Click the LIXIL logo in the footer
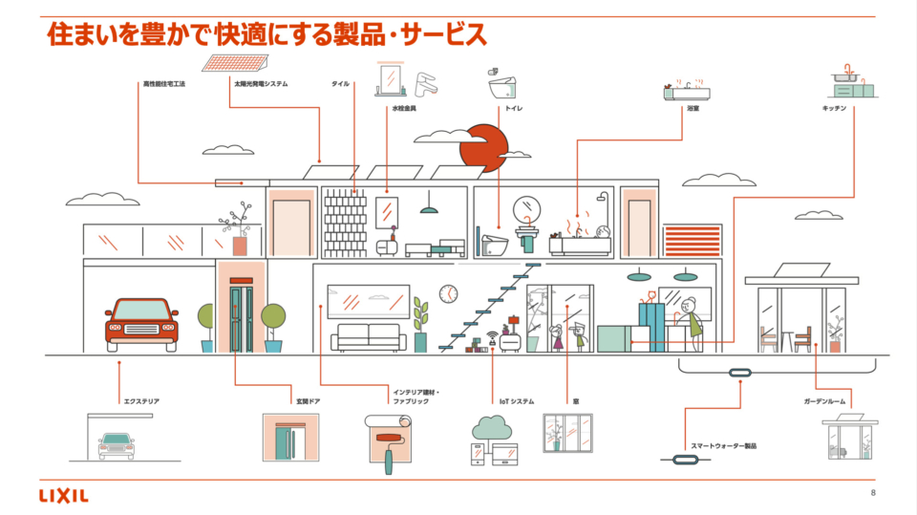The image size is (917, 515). tap(64, 495)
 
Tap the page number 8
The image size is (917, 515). tap(873, 493)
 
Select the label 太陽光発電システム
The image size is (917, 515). tap(261, 84)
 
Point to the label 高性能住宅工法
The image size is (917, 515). tap(163, 84)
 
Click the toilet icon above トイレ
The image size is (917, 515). tap(503, 85)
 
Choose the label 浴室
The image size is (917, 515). tap(693, 109)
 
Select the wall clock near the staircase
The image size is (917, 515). tap(448, 292)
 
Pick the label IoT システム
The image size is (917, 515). tap(517, 401)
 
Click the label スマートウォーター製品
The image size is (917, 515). tap(724, 445)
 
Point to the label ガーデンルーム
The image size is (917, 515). tap(826, 401)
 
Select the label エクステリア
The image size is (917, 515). tap(140, 401)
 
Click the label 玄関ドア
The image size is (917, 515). tap(307, 401)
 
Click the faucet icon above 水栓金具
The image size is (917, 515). tap(424, 83)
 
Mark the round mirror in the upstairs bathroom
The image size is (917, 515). tap(527, 209)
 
